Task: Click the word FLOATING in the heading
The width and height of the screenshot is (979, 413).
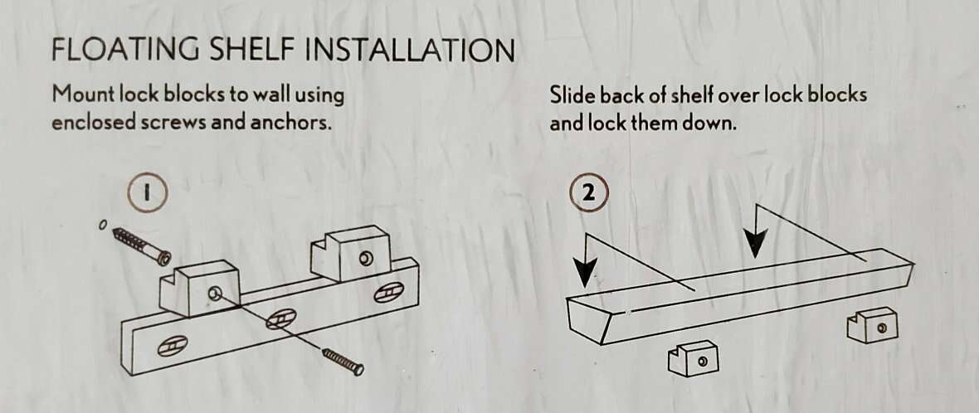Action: (x=127, y=50)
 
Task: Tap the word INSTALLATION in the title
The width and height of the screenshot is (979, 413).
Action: (x=410, y=50)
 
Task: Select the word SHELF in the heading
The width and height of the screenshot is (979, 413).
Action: (x=254, y=50)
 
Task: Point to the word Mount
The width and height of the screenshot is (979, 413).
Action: (x=85, y=95)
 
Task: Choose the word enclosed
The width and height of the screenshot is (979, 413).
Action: (x=93, y=122)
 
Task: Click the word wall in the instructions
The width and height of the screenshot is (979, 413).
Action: (x=271, y=95)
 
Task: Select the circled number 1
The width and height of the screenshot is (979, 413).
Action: (x=148, y=192)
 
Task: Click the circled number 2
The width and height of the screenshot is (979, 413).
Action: (x=588, y=194)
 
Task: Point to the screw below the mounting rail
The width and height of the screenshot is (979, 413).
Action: (x=343, y=362)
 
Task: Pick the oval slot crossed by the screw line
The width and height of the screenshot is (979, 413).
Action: (x=280, y=319)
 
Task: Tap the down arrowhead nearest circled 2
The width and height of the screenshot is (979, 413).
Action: (x=585, y=272)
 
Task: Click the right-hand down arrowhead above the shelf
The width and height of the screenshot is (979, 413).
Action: (x=756, y=241)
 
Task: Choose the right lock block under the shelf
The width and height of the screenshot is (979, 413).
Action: (x=873, y=325)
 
